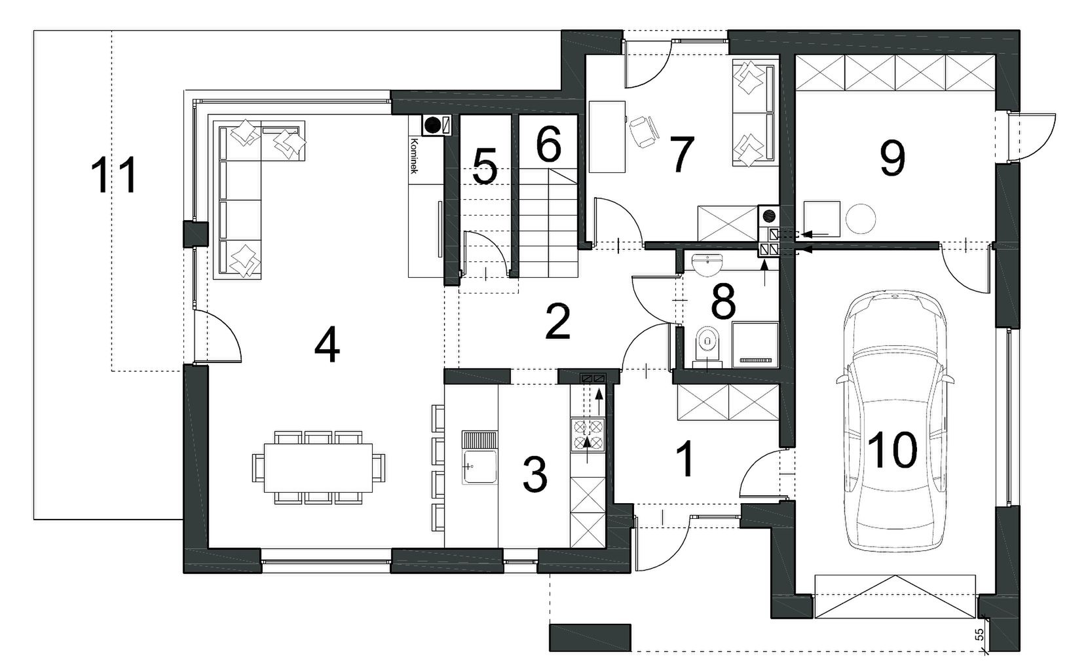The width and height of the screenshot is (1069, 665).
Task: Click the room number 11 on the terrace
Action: (x=115, y=176)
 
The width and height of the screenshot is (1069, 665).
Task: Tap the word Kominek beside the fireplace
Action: (x=414, y=156)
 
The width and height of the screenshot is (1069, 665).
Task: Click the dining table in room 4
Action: (x=318, y=467)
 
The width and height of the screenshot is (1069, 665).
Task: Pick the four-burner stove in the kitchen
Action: (x=588, y=434)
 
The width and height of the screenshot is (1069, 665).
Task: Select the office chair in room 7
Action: (x=644, y=132)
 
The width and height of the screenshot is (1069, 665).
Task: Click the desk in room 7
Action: (x=607, y=136)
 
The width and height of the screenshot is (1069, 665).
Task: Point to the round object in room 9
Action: (x=861, y=219)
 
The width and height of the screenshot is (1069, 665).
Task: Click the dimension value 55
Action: (x=979, y=634)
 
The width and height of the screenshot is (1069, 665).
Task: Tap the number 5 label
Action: (x=485, y=166)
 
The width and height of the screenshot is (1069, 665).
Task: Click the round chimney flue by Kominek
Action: (x=433, y=125)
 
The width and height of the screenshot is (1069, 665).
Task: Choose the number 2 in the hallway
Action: (x=557, y=322)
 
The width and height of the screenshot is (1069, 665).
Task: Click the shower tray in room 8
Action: (x=755, y=345)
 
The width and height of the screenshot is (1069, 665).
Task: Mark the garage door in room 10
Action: (x=895, y=597)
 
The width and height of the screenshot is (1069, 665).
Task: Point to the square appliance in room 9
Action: (x=822, y=219)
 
